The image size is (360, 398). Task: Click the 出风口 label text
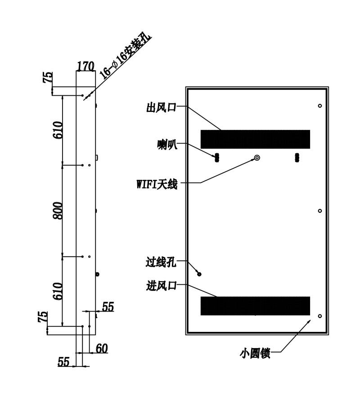(162, 107)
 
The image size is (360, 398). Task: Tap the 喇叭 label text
(167, 145)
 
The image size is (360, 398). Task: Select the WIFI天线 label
(157, 184)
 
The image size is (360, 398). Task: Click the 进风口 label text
(162, 286)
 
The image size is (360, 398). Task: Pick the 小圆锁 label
(255, 353)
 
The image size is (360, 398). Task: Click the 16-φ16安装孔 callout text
(125, 57)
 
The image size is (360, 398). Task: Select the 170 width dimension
(85, 66)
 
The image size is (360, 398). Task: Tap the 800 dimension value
(58, 210)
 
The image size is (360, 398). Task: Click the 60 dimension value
(102, 349)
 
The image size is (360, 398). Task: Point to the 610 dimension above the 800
(58, 130)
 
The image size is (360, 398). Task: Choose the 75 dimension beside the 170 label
(48, 77)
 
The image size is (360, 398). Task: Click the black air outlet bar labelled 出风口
(255, 139)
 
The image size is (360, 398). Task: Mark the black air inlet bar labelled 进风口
(255, 306)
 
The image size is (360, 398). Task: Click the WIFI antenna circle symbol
(257, 158)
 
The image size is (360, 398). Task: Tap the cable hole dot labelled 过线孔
(199, 274)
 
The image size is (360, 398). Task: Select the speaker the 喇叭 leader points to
(217, 158)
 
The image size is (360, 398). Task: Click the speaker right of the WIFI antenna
(297, 158)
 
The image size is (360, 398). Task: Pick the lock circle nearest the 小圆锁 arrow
(320, 316)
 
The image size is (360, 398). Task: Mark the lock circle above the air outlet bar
(320, 106)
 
